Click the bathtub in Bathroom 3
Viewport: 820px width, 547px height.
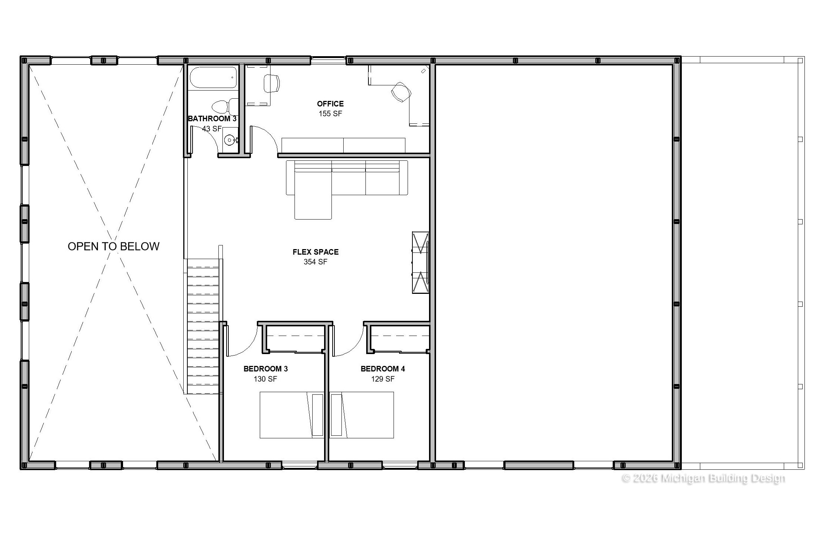(x=213, y=77)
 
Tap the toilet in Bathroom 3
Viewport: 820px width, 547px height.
(x=226, y=106)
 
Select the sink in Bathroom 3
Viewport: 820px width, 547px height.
(x=231, y=140)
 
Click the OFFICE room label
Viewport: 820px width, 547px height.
(x=330, y=104)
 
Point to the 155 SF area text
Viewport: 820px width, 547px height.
(x=330, y=114)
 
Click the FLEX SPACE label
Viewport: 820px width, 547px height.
(x=316, y=252)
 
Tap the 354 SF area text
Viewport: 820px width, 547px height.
(x=316, y=262)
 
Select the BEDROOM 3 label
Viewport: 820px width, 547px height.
(x=265, y=369)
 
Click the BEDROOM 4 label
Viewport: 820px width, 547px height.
(x=383, y=369)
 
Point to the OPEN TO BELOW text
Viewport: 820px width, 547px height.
(x=113, y=247)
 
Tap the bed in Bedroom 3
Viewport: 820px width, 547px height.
(x=292, y=415)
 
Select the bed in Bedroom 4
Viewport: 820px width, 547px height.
(x=361, y=415)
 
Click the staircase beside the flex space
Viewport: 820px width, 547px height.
(x=204, y=326)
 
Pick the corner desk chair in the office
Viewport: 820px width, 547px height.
(x=401, y=92)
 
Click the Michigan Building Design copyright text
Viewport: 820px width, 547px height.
(x=704, y=478)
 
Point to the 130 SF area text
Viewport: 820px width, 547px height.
(x=265, y=379)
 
